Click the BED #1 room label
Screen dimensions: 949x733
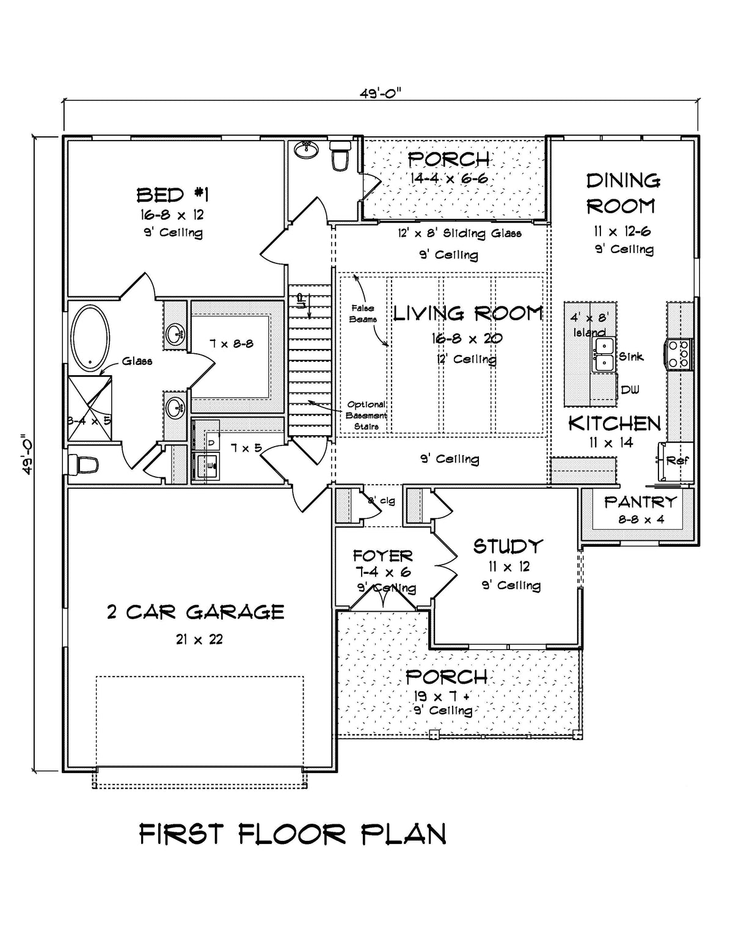pos(172,195)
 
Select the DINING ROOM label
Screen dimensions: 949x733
pos(622,193)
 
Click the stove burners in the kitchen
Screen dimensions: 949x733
pos(680,353)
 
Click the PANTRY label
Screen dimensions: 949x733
pos(640,502)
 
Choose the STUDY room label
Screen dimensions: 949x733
pos(508,546)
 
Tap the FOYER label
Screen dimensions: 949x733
pos(383,556)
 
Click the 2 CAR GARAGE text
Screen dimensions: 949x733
pos(195,612)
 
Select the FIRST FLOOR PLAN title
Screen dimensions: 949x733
pos(293,834)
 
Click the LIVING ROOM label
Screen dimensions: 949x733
pos(467,314)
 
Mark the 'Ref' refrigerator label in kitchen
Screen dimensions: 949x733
pos(677,461)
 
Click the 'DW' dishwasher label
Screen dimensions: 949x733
pos(630,390)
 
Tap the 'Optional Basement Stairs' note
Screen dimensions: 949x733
pos(366,415)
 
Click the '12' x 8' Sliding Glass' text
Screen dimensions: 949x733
pos(459,233)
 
